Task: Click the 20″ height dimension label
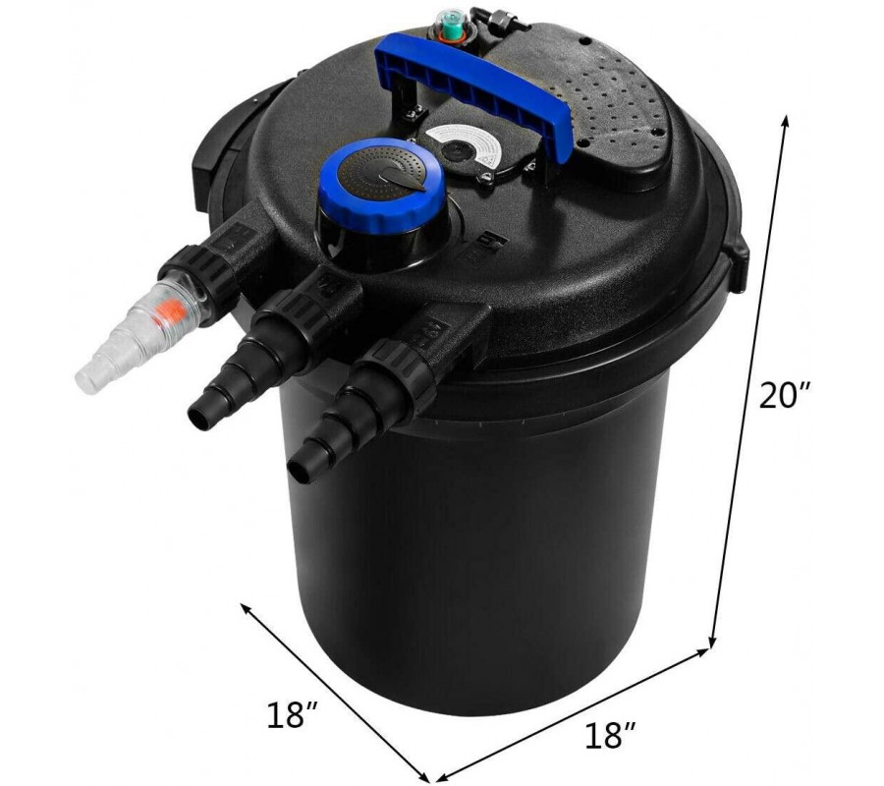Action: [x=784, y=395]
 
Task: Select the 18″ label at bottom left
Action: [x=293, y=714]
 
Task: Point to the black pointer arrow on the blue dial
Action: [x=398, y=179]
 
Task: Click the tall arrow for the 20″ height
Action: [x=749, y=381]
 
